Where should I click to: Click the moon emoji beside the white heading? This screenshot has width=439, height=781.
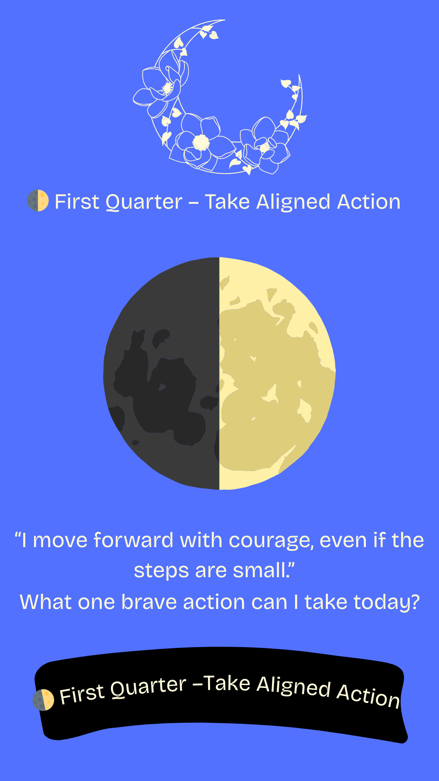coord(38,201)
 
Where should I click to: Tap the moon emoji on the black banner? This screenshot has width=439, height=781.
coord(43,700)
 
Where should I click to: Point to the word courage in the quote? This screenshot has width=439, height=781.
coord(271,541)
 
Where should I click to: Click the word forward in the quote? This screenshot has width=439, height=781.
coord(133,540)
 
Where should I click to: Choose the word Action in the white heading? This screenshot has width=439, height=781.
coord(369,202)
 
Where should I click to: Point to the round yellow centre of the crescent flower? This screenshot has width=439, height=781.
coord(201,143)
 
